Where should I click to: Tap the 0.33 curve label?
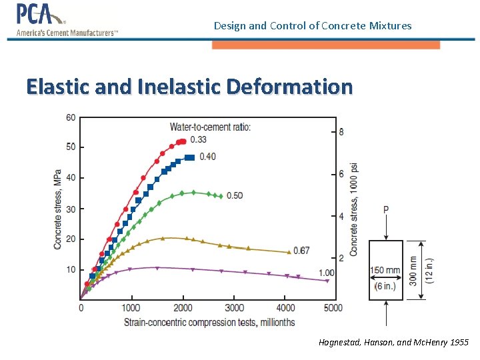tap(198, 140)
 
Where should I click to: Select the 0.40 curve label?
tap(207, 157)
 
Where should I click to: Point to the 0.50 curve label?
tap(234, 195)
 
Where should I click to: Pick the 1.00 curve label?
tap(327, 273)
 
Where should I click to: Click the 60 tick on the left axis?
tap(71, 118)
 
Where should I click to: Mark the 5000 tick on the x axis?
tap(333, 308)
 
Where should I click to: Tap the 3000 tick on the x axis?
tap(234, 308)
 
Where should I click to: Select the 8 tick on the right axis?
tap(341, 132)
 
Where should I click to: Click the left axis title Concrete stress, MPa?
tap(58, 209)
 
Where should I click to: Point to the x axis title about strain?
tap(209, 323)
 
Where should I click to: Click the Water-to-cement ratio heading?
tap(210, 127)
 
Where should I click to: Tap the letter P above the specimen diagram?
tap(386, 210)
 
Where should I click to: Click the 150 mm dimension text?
tap(385, 271)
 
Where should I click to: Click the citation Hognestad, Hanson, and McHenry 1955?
tap(393, 343)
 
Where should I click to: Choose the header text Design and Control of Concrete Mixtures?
tap(313, 26)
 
